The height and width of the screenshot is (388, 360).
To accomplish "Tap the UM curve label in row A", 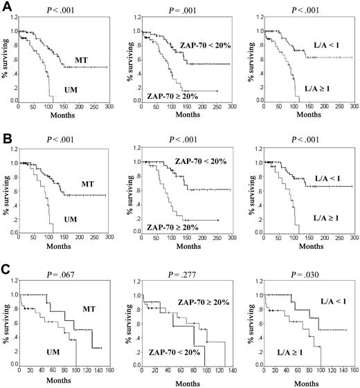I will [x=69, y=89].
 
